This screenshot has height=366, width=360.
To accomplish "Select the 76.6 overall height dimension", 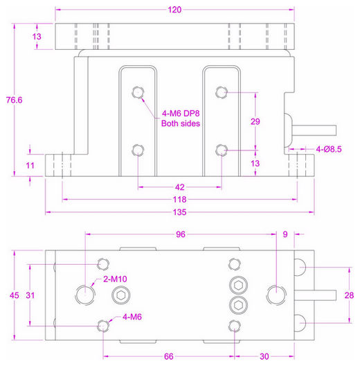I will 15,100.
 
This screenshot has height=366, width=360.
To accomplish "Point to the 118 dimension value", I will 179,199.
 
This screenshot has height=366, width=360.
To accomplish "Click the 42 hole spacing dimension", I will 179,186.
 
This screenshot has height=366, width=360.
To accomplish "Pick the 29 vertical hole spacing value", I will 255,121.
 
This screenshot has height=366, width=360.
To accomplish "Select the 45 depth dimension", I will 15,295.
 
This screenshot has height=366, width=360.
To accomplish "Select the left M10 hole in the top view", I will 86,294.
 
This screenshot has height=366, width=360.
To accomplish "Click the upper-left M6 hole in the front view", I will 138,93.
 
